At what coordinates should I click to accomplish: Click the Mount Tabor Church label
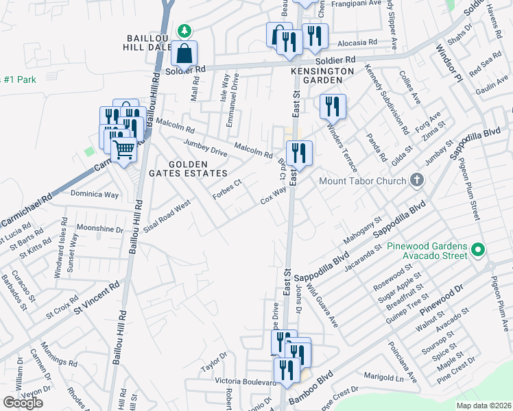pyautogui.click(x=363, y=182)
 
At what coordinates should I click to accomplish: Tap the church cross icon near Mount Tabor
pyautogui.click(x=415, y=181)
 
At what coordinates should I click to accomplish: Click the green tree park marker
pyautogui.click(x=184, y=31)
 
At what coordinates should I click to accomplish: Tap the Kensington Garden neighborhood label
pyautogui.click(x=322, y=75)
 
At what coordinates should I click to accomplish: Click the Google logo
pyautogui.click(x=23, y=403)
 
